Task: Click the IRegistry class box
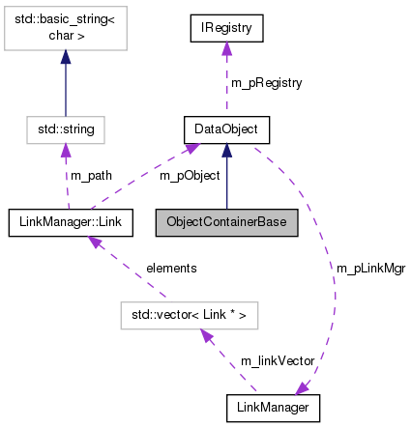226,30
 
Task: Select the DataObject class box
226,128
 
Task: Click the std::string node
66,128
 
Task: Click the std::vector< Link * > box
187,314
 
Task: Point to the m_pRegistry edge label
268,83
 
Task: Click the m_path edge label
92,175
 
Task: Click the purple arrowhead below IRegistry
226,49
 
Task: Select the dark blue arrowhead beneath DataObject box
226,147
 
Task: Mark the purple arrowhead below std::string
66,147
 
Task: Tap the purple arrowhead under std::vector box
206,334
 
